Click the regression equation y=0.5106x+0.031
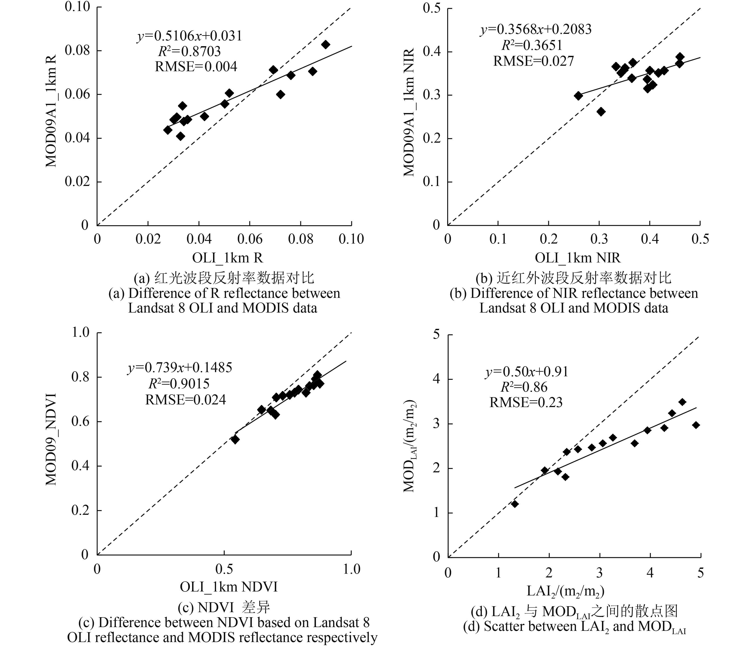coord(189,36)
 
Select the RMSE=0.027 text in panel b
coord(533,61)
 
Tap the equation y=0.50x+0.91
coord(527,372)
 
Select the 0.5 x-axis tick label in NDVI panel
coord(224,569)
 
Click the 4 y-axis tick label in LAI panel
coord(436,379)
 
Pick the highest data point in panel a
coord(326,45)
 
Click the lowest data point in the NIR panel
coord(601,111)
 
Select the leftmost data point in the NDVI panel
coord(235,439)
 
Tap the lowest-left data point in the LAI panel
coord(515,504)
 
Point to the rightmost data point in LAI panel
coord(696,425)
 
